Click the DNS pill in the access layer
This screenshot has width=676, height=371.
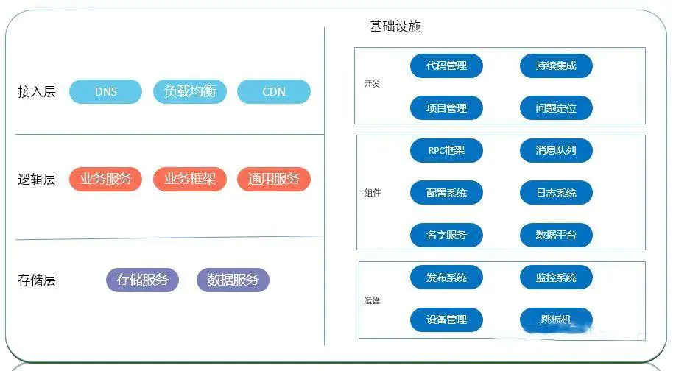(105, 91)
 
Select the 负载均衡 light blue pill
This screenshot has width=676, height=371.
(190, 91)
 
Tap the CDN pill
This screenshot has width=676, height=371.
(274, 91)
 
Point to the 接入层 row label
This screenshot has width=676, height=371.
(37, 92)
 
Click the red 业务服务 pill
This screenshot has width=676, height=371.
(105, 179)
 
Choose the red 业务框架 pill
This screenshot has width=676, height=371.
(190, 179)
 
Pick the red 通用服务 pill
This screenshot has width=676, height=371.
(274, 179)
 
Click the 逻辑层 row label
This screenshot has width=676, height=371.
(37, 180)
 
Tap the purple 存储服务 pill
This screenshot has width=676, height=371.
(142, 280)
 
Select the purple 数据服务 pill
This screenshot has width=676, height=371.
(233, 280)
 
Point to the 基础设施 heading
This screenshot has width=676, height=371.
(395, 26)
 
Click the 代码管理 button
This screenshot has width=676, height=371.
(446, 66)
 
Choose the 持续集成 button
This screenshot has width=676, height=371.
(556, 66)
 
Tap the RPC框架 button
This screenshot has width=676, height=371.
(446, 150)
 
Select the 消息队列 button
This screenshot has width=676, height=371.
(556, 150)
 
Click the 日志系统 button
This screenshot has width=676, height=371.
(556, 193)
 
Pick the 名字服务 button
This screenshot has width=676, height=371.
(446, 235)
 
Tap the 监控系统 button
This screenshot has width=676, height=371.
(556, 278)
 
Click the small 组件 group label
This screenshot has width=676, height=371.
(373, 193)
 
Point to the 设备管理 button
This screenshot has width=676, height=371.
(446, 319)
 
